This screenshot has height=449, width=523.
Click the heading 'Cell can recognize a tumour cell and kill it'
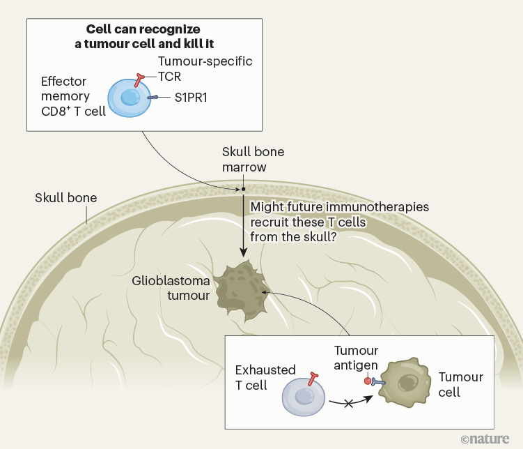(144, 36)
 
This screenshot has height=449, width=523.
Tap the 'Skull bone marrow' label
(253, 159)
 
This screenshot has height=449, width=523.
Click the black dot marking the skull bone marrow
(243, 189)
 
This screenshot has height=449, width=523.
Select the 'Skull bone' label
(65, 198)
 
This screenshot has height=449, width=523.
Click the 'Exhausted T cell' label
(265, 377)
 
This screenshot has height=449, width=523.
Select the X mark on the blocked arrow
(346, 404)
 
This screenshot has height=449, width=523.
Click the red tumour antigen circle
(367, 381)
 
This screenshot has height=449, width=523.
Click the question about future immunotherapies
(339, 222)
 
